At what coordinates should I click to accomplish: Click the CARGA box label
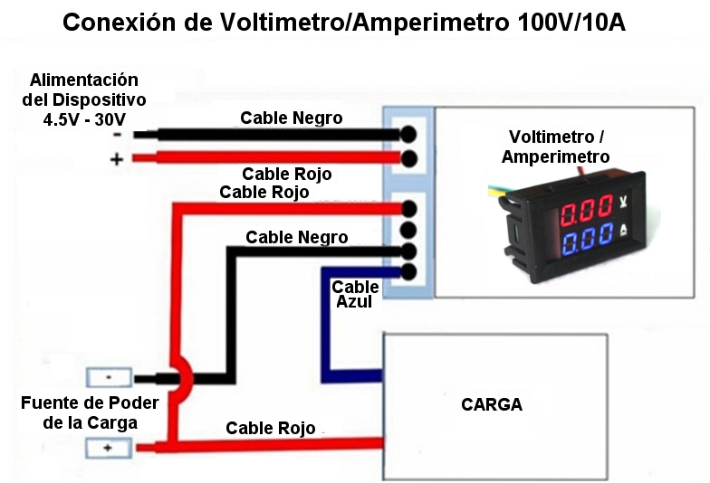[x=492, y=404]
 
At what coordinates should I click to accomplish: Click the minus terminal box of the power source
[x=109, y=377]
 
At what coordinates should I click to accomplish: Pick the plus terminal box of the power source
[x=109, y=448]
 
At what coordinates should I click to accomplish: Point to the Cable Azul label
[x=355, y=295]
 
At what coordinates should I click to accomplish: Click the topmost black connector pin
[x=408, y=134]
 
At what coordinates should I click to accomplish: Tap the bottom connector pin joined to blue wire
[x=408, y=271]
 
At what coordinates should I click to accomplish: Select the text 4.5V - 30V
[x=84, y=119]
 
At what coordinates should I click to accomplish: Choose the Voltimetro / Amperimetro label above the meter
[x=556, y=147]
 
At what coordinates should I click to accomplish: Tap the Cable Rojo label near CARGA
[x=271, y=428]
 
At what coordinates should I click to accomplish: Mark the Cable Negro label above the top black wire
[x=291, y=118]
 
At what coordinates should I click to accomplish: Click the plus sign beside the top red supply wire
[x=117, y=160]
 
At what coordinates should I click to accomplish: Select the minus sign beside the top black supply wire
[x=118, y=135]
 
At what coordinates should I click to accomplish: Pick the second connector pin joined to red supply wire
[x=408, y=160]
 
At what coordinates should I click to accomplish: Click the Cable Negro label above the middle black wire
[x=296, y=237]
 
